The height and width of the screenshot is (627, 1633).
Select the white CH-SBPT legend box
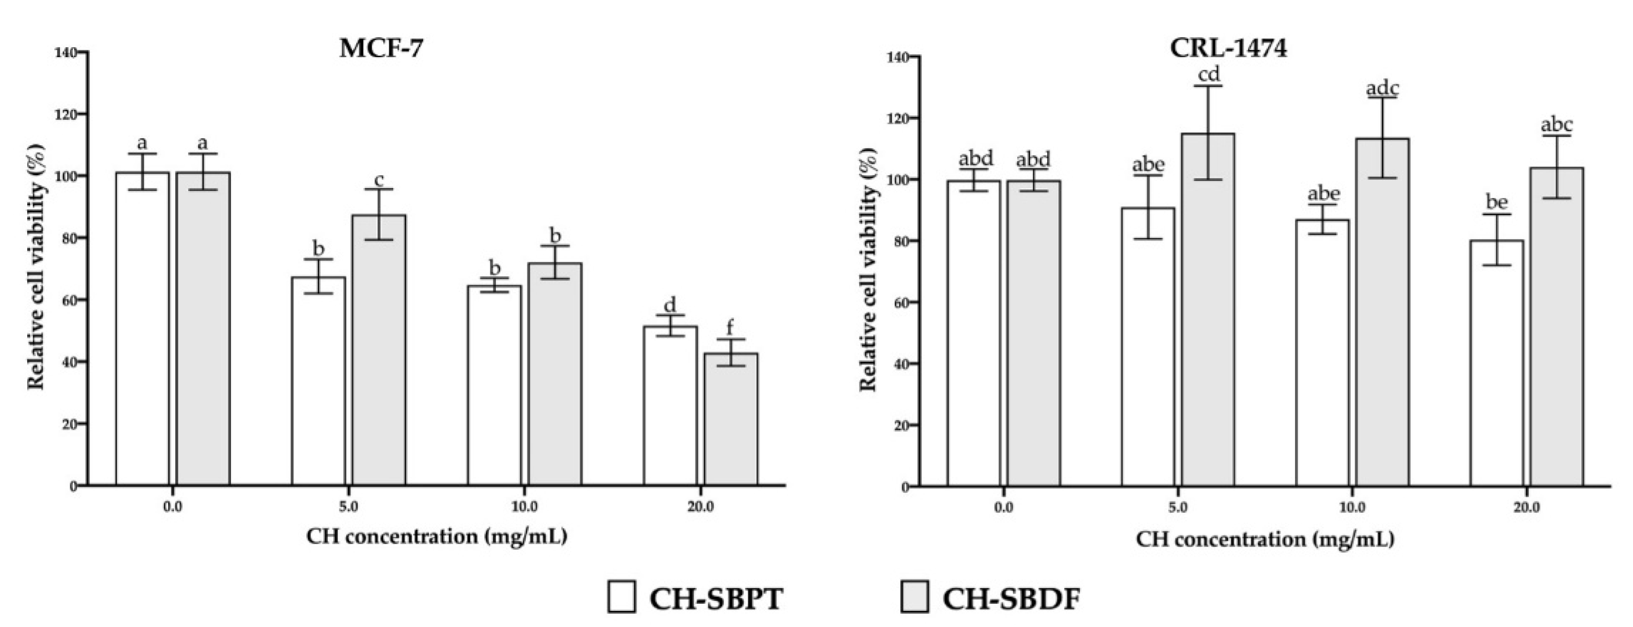pos(621,597)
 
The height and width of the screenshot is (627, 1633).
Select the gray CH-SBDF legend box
pos(914,597)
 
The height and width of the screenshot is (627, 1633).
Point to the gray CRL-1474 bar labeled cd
pos(1208,311)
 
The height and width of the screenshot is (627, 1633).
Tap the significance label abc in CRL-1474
pos(1556,125)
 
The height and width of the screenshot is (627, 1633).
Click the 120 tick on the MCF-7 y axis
pos(66,114)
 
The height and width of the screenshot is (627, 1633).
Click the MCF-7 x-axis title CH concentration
pos(436,537)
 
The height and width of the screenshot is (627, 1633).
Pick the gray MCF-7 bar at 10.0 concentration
pos(555,374)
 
